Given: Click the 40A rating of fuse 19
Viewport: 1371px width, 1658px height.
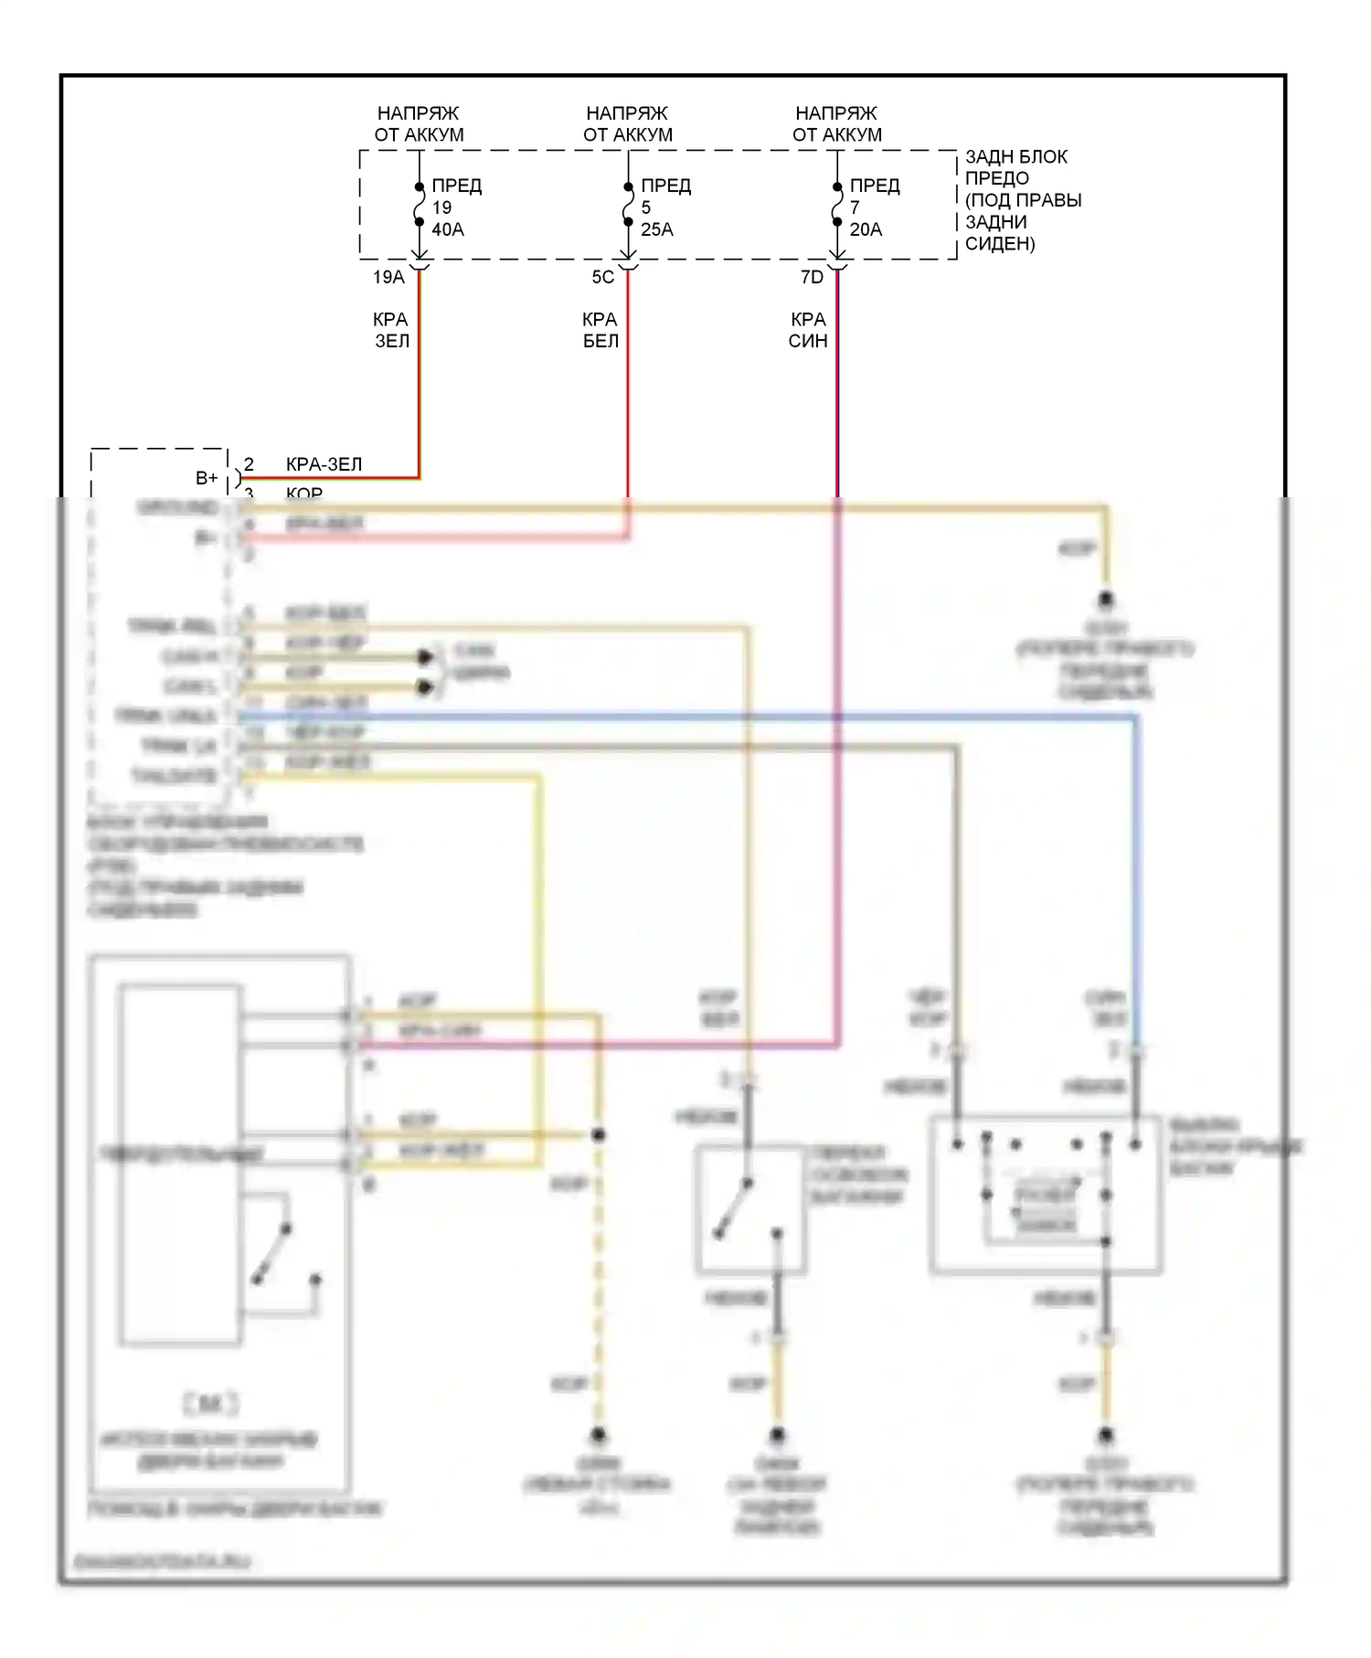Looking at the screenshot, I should click(447, 229).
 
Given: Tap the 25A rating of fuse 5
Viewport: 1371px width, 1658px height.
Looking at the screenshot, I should click(656, 229).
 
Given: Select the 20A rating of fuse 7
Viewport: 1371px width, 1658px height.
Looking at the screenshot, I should click(866, 229).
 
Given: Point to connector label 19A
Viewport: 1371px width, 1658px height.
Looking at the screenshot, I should click(388, 277).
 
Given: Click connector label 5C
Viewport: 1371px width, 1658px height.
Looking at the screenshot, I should click(603, 277).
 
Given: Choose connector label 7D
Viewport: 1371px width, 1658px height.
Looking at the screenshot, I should click(812, 277).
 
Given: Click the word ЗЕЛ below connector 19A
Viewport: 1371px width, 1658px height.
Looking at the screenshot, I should click(392, 341).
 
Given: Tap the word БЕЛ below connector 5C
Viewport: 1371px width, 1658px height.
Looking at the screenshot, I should click(600, 341).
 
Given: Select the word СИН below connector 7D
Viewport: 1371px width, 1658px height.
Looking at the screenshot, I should click(808, 341).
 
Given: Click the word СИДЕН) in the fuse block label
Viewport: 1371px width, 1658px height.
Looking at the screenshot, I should click(1000, 244).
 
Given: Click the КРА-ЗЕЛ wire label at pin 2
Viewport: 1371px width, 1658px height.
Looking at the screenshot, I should click(324, 464).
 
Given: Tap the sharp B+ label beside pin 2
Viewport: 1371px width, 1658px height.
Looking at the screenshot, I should click(207, 478).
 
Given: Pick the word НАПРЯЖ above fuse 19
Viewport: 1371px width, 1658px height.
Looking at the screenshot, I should click(418, 113).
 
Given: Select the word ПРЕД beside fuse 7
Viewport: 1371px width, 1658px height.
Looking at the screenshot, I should click(875, 186).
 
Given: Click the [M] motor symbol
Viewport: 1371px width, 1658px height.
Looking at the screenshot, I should click(210, 1403).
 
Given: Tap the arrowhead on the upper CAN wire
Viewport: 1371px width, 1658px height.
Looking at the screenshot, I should click(425, 657).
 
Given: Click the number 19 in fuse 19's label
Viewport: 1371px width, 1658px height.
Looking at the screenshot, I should click(441, 207).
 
